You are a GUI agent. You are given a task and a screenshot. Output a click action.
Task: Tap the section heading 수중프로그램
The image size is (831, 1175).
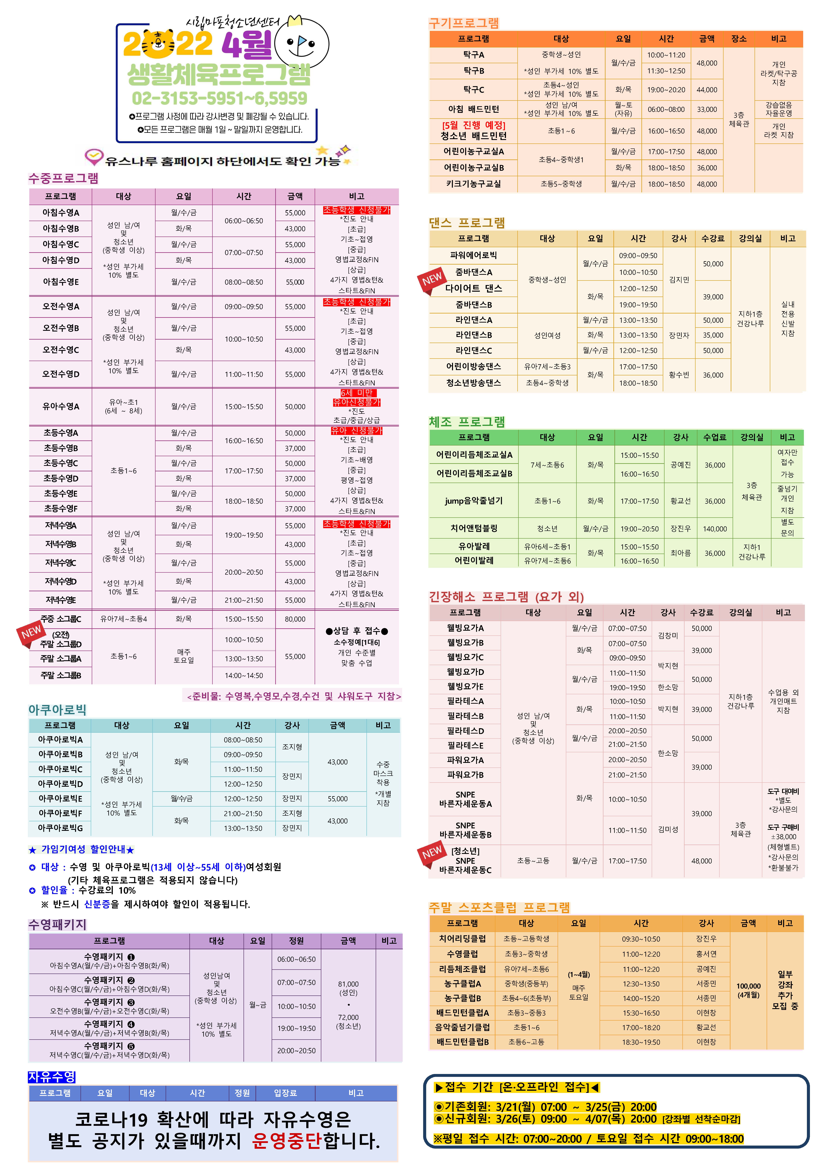(x=63, y=178)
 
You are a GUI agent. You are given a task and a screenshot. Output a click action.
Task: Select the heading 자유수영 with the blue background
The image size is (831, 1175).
(x=52, y=1077)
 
